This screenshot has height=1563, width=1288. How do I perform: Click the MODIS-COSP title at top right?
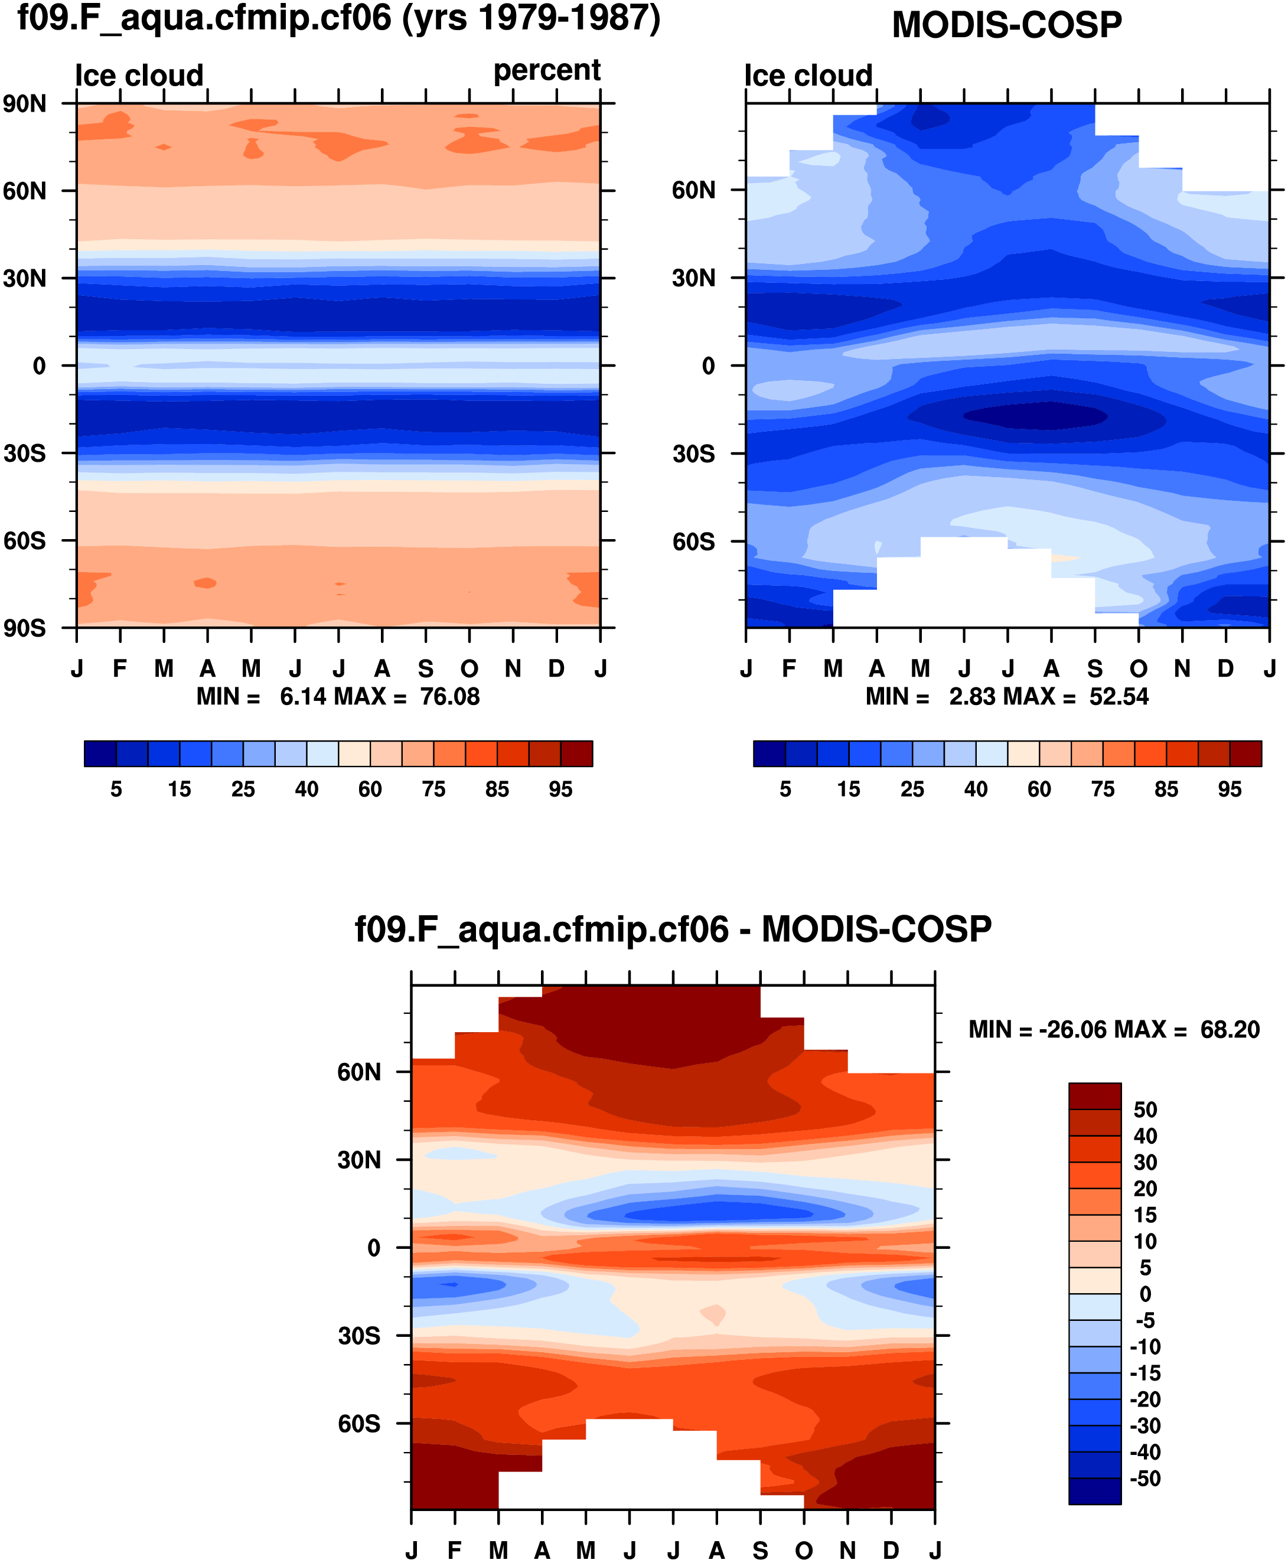1006,25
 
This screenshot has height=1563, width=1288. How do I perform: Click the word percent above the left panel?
547,70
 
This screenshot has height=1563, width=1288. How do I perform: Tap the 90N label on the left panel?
24,104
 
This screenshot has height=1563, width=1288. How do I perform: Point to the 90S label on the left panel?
24,628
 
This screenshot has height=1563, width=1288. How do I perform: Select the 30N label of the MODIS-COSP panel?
694,278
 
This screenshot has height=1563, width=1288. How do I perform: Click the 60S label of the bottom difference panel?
359,1424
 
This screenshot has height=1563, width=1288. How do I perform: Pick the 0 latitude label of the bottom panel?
374,1248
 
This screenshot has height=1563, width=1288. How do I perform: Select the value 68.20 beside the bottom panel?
1230,1030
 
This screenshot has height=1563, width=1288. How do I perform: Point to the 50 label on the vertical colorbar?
1145,1110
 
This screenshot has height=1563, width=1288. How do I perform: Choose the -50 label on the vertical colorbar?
1145,1479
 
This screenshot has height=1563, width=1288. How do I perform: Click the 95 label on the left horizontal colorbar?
560,789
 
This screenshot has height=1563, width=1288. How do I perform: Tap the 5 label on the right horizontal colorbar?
785,789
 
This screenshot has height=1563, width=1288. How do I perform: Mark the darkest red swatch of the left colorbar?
576,753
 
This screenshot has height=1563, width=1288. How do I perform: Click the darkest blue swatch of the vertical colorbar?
1094,1491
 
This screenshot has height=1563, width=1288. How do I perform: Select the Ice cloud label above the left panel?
139,76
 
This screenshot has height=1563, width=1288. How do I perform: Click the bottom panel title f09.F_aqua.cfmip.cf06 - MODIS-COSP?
673,929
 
